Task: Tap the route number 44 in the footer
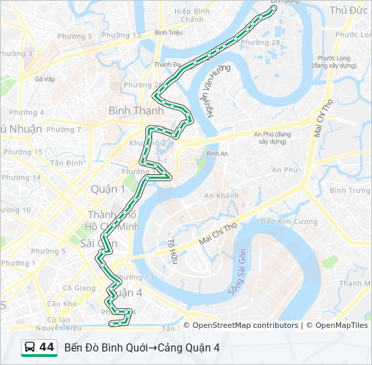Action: [47, 347]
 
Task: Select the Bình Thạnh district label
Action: [136, 110]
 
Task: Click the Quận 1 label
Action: [108, 189]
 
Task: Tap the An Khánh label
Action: [222, 196]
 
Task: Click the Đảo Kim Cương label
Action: [289, 222]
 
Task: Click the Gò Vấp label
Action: [45, 79]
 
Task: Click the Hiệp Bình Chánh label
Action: [192, 16]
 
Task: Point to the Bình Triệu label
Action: [169, 32]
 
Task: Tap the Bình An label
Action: [217, 154]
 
